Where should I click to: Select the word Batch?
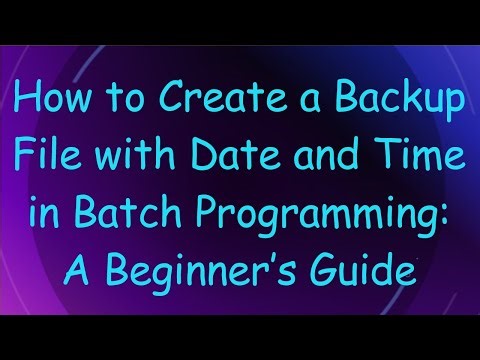[x=115, y=213]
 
